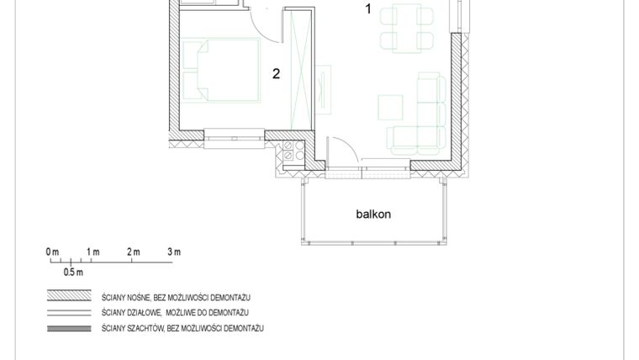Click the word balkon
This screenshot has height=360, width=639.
pyautogui.click(x=373, y=214)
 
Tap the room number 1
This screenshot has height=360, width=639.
pyautogui.click(x=367, y=9)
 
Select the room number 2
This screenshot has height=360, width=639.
pyautogui.click(x=276, y=73)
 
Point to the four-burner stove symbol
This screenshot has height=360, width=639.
pyautogui.click(x=293, y=151)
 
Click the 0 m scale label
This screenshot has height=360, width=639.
pyautogui.click(x=52, y=252)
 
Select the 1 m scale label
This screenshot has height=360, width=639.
pyautogui.click(x=92, y=252)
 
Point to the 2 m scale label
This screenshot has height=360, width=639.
pyautogui.click(x=134, y=252)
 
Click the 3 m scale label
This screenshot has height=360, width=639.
pyautogui.click(x=174, y=252)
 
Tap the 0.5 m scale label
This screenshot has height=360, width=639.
pyautogui.click(x=73, y=273)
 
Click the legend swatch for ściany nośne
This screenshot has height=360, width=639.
pyautogui.click(x=69, y=297)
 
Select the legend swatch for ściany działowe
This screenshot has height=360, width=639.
pyautogui.click(x=69, y=312)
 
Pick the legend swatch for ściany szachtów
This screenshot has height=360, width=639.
pyautogui.click(x=69, y=327)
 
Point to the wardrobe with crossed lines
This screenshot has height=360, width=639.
pyautogui.click(x=299, y=67)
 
